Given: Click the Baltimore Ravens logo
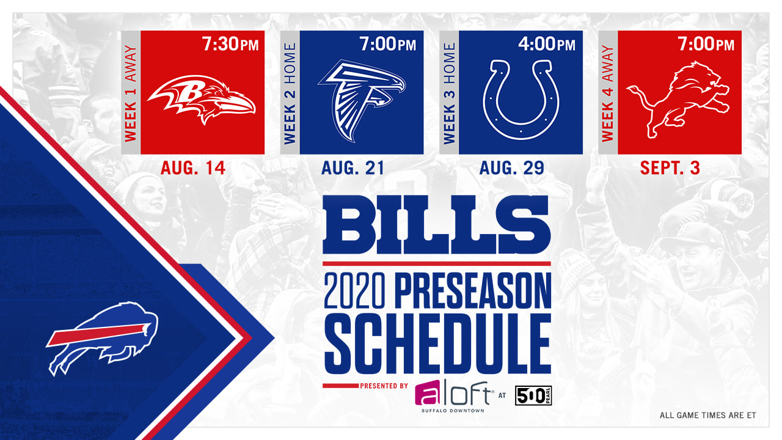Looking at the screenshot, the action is click(x=202, y=98).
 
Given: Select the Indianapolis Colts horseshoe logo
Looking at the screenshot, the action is click(x=521, y=99).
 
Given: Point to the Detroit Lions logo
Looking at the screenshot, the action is click(x=678, y=99).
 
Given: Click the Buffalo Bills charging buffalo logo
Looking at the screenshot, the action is click(x=102, y=338).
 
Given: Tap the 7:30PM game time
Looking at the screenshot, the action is click(x=230, y=45).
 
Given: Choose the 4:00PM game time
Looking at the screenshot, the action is click(x=547, y=45).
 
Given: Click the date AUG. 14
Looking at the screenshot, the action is click(x=193, y=168).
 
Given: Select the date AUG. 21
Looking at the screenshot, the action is click(x=353, y=168).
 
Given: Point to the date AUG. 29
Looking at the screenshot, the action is click(x=512, y=168).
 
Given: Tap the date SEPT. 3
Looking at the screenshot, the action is click(x=670, y=168).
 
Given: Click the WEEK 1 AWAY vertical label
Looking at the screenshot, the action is click(x=131, y=94).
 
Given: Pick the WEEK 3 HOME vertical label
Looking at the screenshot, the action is click(x=449, y=94).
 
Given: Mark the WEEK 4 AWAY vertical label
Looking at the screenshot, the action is click(x=608, y=94).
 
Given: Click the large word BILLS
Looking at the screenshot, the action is click(x=437, y=224).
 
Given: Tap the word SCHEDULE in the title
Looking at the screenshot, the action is click(x=438, y=343).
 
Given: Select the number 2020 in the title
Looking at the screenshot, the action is click(x=354, y=290).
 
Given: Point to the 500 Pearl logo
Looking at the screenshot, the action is click(x=533, y=395).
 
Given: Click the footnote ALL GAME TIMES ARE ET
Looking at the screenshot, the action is click(x=707, y=415).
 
